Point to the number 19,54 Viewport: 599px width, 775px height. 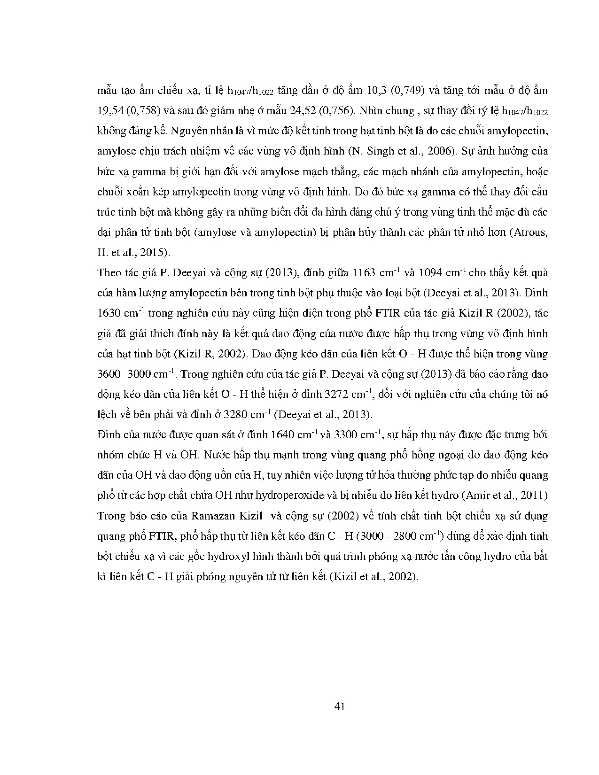coord(109,111)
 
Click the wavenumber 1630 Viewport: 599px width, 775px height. coord(109,314)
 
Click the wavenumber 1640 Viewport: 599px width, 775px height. coord(282,435)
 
